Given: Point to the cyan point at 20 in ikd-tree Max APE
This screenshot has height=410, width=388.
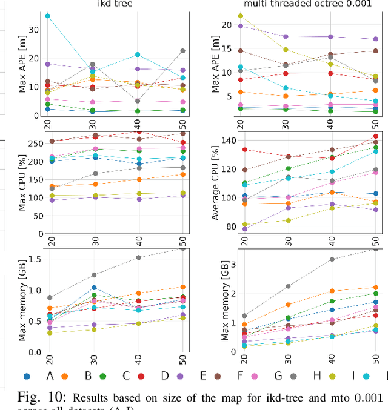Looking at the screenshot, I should pos(48,16).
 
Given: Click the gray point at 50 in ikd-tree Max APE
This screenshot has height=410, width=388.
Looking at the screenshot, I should pos(182,51).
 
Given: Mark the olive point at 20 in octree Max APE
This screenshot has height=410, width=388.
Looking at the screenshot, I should pos(241,16).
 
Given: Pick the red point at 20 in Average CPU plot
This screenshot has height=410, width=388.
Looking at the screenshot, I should pos(244,150).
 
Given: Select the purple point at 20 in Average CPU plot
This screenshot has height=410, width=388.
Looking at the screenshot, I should pos(244,229).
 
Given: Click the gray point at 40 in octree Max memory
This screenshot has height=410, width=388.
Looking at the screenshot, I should pos(331,259).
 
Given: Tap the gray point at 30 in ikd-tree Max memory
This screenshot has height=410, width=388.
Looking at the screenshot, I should pos(93,275).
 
